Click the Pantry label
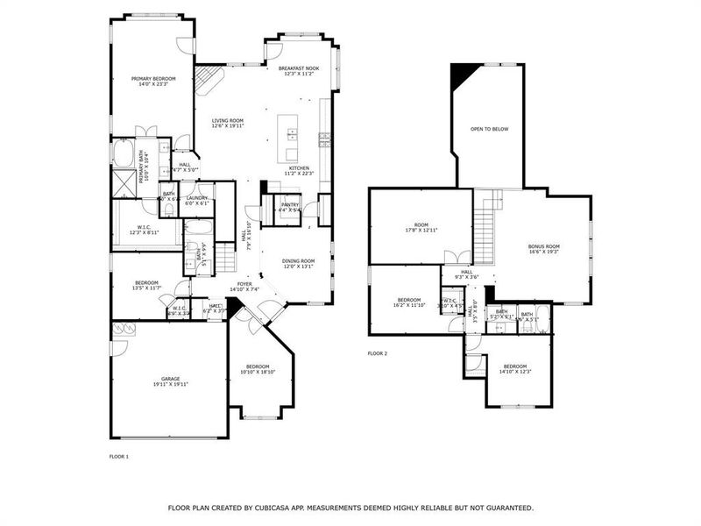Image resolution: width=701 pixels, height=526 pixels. pyautogui.click(x=289, y=206)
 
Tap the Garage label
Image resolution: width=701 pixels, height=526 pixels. pyautogui.click(x=170, y=380)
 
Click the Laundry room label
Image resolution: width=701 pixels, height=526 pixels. pyautogui.click(x=196, y=200)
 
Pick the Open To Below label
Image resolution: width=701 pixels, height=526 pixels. pyautogui.click(x=489, y=129)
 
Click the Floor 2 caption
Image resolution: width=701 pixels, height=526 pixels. pyautogui.click(x=377, y=353)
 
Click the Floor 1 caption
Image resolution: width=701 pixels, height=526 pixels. pyautogui.click(x=118, y=457)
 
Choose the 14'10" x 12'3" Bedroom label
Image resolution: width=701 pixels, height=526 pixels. pyautogui.click(x=514, y=368)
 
